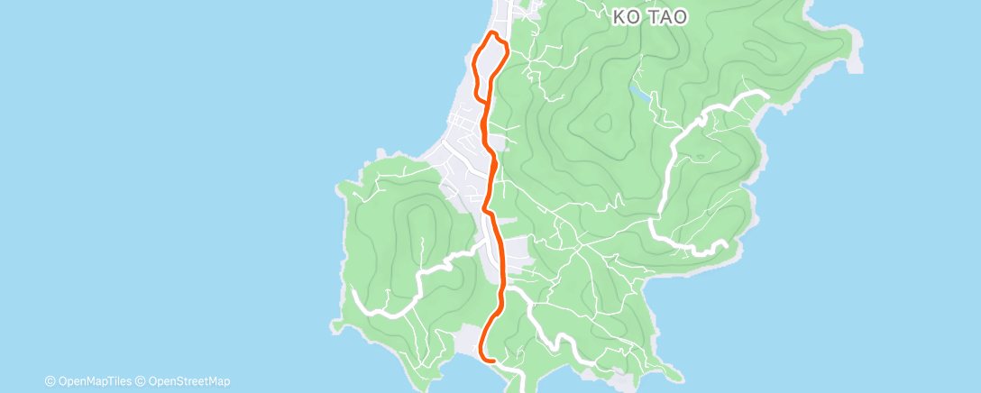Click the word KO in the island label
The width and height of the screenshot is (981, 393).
point(625,16)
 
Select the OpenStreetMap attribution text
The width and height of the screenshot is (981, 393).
point(188,381)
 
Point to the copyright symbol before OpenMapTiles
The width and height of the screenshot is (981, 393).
point(50,381)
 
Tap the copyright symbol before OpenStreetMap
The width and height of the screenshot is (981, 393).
point(141,381)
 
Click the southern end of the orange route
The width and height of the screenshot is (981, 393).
point(494,360)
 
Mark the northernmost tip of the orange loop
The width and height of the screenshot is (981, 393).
point(493,33)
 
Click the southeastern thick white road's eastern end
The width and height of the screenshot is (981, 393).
point(725,244)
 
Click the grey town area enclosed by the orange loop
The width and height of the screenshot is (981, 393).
point(487,63)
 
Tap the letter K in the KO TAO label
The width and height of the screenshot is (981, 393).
point(619,16)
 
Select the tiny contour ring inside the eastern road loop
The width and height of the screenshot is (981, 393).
point(700,157)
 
